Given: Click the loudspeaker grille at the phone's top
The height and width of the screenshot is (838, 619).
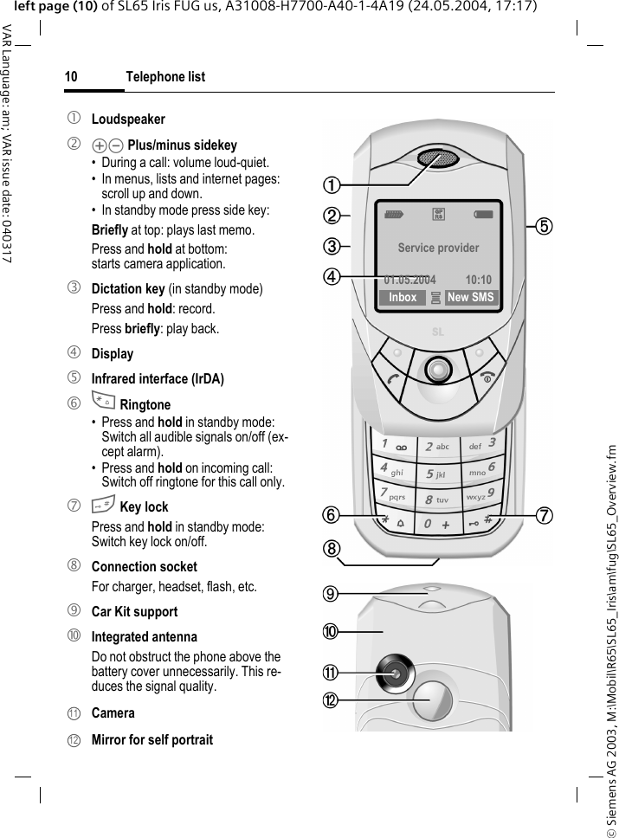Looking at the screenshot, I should (438, 159).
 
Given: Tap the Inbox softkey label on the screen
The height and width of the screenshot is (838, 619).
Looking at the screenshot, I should (403, 298).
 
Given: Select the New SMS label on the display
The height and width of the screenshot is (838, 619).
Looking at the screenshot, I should (471, 298).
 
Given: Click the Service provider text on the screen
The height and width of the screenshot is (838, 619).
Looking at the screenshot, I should (438, 248).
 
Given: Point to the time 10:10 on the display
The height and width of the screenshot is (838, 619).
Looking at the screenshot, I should (478, 280).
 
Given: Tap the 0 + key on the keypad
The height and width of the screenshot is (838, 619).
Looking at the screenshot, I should (437, 525).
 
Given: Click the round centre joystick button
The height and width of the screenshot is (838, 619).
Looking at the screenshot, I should (439, 370).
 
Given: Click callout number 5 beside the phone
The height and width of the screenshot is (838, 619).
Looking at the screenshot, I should (542, 226).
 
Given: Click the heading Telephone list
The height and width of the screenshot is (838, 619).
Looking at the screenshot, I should (165, 77).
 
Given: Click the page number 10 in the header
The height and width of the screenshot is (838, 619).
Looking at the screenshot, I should (71, 77).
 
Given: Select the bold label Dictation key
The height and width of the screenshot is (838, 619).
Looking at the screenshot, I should (128, 288).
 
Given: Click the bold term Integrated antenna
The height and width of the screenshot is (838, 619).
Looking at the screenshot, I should (145, 636).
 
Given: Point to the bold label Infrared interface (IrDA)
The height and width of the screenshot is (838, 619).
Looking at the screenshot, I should (158, 379).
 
